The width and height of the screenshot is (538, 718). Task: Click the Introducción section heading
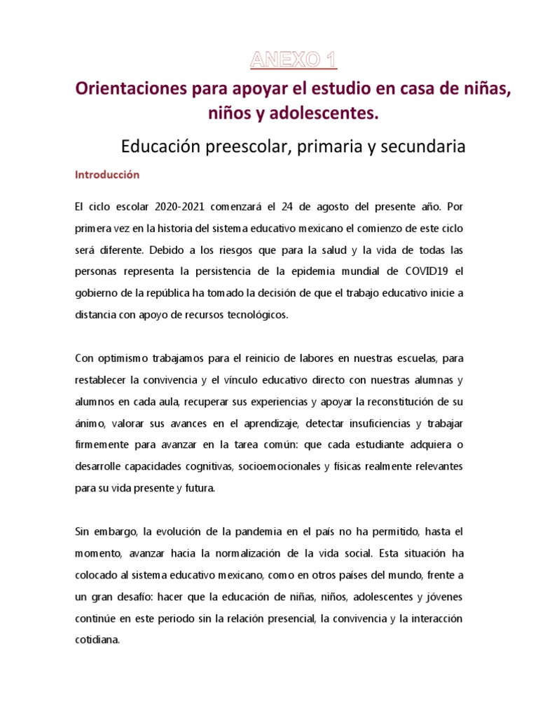coord(107,175)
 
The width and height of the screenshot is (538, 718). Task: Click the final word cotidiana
coord(98,640)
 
